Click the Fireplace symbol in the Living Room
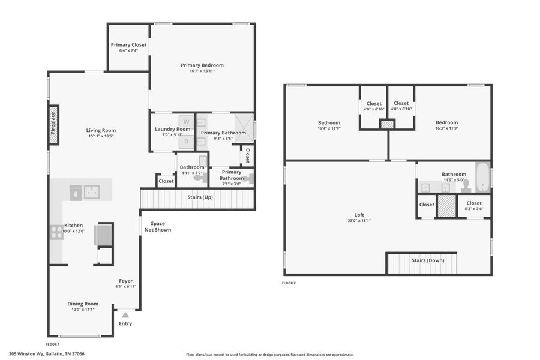coord(53,125)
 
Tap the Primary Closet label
coord(128,45)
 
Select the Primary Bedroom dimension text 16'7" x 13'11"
coord(202,71)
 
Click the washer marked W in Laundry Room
coord(186,121)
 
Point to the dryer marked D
coord(186,142)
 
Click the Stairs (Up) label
coord(200,197)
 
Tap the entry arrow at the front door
coord(125,314)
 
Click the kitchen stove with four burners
coord(56,232)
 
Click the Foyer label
coord(125,281)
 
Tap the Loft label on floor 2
coord(359,215)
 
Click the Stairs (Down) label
coord(427,260)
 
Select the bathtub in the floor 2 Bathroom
coord(482,176)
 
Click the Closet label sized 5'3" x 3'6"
coord(473,203)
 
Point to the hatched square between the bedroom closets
coord(387,125)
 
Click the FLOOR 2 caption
coord(289,283)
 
